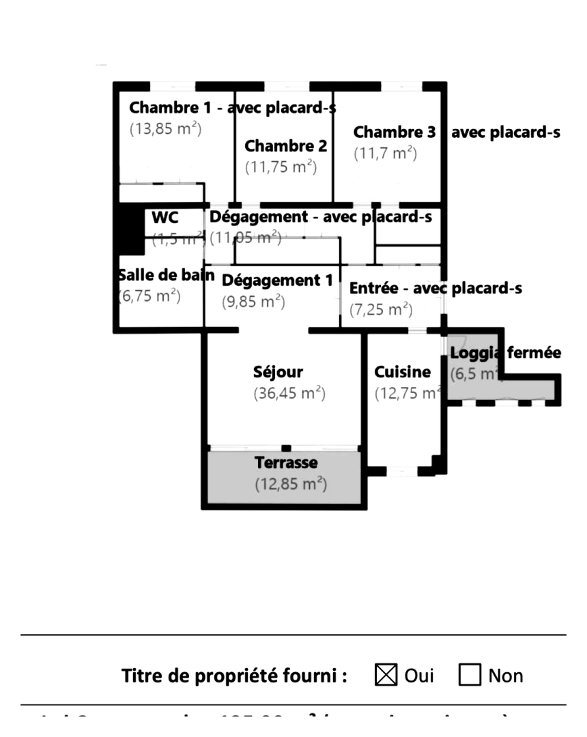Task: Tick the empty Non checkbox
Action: point(470,676)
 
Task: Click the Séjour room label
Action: point(278,373)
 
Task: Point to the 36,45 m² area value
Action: point(289,394)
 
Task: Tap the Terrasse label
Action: point(286,463)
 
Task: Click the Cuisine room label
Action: point(403,373)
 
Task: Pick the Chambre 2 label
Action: point(285,146)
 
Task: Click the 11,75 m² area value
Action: point(281,167)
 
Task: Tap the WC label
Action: point(164,218)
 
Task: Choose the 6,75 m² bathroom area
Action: point(149,295)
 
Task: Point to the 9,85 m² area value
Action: point(253,302)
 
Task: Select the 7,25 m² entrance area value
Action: point(381,310)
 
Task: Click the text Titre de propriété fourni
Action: point(235,676)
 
